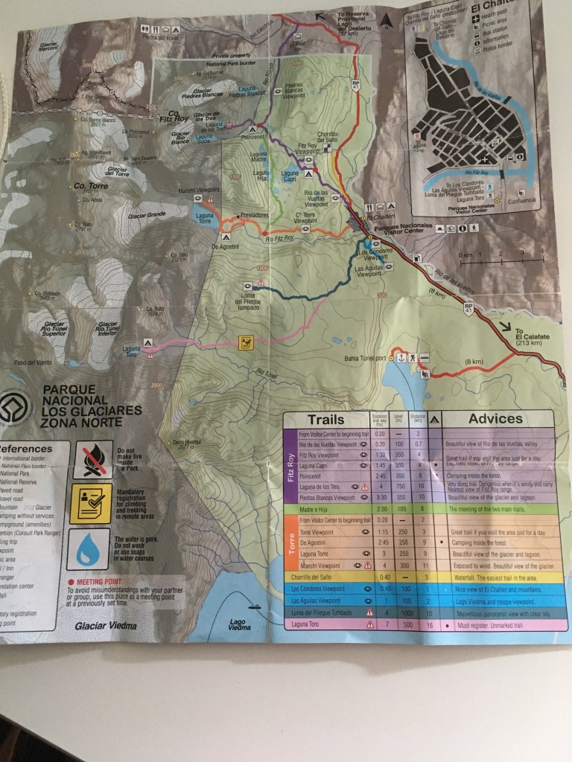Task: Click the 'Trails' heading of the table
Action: click(325, 419)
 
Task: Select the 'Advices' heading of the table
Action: click(495, 419)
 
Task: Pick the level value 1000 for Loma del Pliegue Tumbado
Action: click(406, 612)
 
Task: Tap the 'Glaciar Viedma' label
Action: click(107, 626)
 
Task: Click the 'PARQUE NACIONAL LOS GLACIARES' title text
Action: click(91, 410)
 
